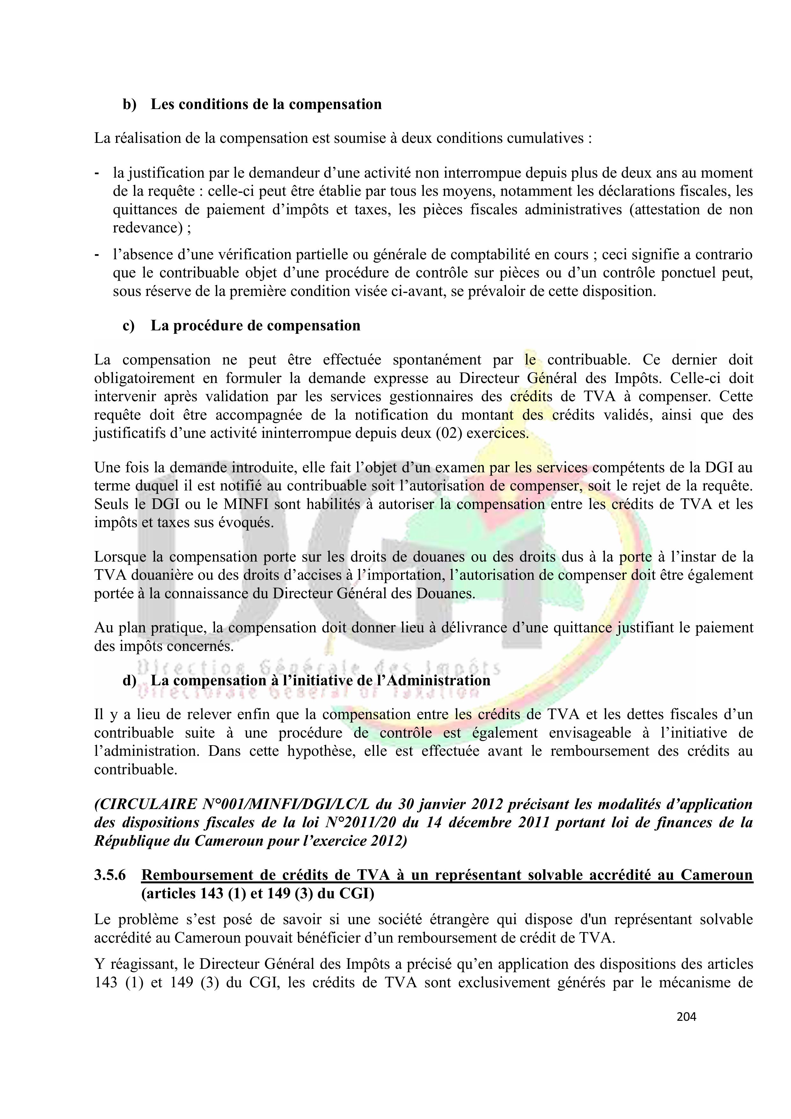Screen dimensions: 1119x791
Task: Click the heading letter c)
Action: click(x=129, y=326)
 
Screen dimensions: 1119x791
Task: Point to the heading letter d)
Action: click(x=130, y=681)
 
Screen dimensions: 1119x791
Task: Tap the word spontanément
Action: click(x=436, y=360)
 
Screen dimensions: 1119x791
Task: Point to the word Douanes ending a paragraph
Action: click(x=447, y=593)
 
